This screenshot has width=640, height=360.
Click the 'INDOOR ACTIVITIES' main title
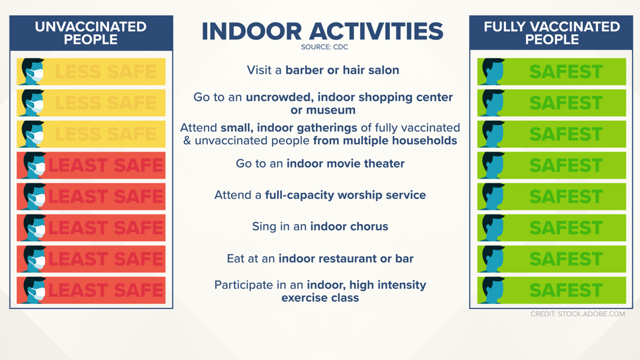click(x=322, y=31)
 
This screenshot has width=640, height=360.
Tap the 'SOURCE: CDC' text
click(x=324, y=47)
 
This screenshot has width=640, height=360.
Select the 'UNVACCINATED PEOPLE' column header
click(x=90, y=33)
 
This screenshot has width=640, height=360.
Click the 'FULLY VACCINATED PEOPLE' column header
click(x=551, y=33)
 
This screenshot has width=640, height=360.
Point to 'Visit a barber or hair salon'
click(x=323, y=70)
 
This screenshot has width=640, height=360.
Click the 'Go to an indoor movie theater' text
click(x=320, y=163)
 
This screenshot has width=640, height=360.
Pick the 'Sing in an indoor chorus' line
click(x=320, y=226)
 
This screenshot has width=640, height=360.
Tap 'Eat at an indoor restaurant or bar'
click(x=320, y=258)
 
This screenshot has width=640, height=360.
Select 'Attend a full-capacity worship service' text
click(x=320, y=195)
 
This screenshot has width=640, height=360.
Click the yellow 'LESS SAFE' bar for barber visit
click(x=91, y=72)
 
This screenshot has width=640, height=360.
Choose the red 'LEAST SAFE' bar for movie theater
click(x=91, y=165)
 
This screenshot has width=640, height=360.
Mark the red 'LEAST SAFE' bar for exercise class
click(x=91, y=290)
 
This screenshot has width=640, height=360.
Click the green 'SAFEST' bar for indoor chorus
click(x=551, y=228)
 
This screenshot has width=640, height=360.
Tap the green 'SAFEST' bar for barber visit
click(x=551, y=72)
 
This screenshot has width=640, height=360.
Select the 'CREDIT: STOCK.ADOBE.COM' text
click(x=578, y=314)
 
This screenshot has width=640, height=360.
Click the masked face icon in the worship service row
click(x=34, y=197)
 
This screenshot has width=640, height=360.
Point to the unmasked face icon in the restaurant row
click(x=493, y=259)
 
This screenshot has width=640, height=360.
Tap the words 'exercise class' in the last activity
click(x=320, y=298)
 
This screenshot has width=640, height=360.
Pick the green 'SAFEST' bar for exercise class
click(x=551, y=290)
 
